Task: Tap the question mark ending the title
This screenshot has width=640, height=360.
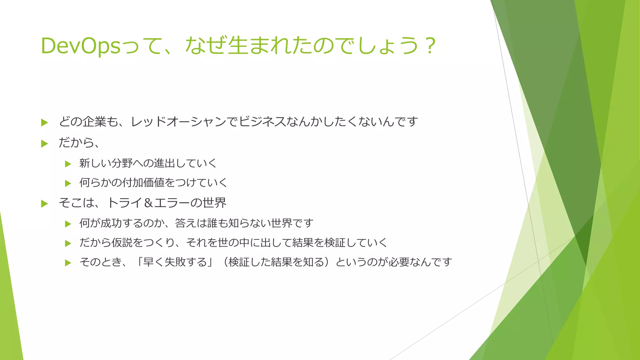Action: [x=431, y=46]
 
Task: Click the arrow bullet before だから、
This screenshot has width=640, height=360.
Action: [x=44, y=144]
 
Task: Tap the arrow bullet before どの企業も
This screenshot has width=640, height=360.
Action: [x=44, y=122]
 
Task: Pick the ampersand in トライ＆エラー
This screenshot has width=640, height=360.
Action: [x=148, y=203]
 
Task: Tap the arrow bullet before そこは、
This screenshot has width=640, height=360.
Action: [x=44, y=204]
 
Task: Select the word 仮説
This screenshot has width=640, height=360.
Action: [x=122, y=243]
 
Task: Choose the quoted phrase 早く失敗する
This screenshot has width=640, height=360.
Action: [x=175, y=262]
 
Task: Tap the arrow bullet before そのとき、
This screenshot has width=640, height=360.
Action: [x=68, y=263]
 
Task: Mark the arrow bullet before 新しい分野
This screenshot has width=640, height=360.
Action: [x=68, y=164]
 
